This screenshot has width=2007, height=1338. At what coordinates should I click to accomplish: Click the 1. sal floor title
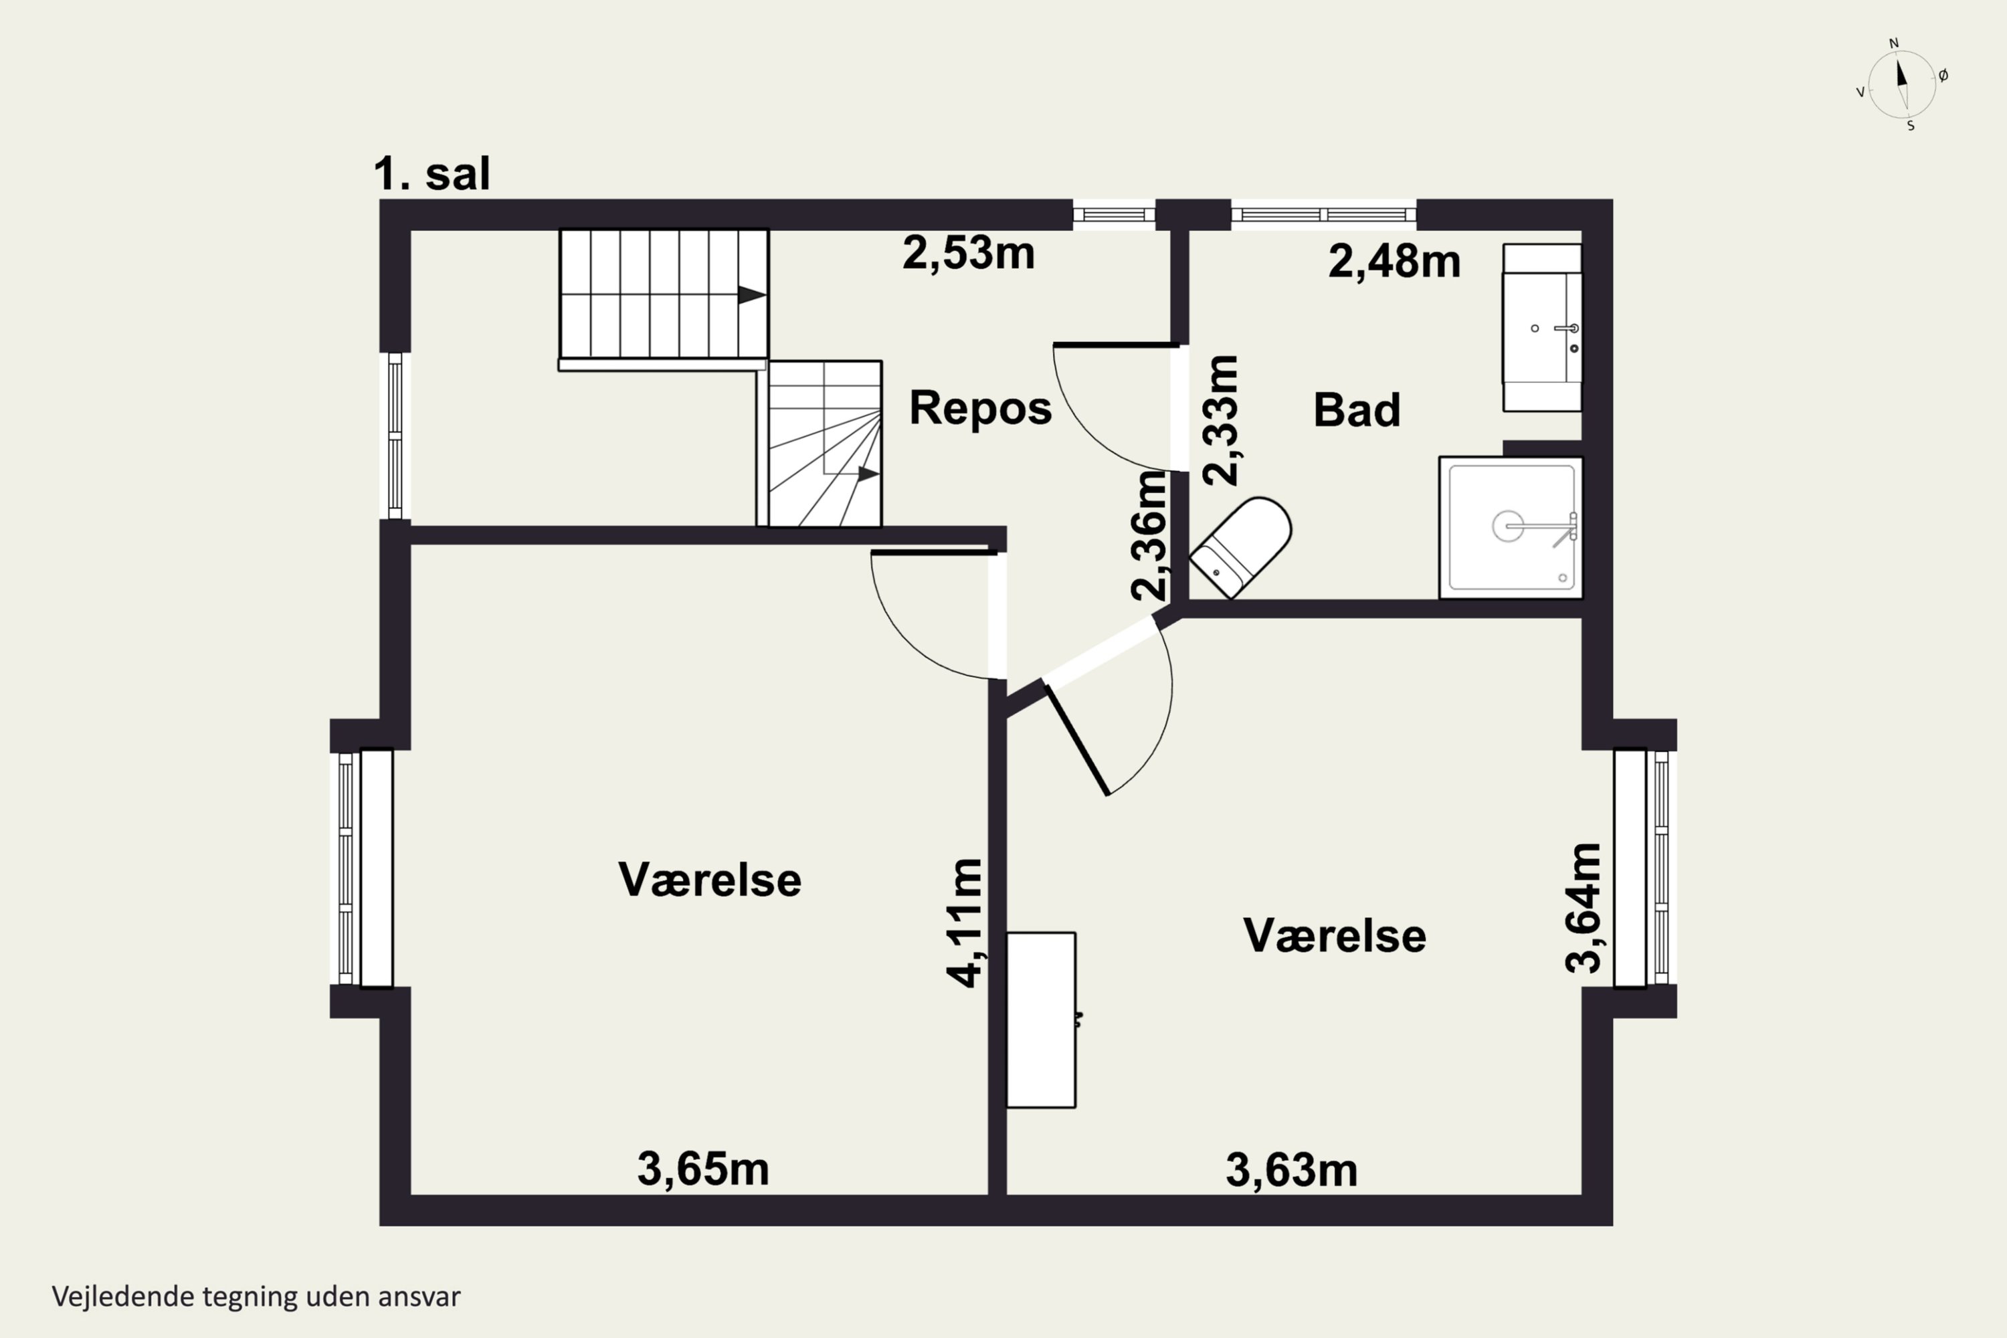432,173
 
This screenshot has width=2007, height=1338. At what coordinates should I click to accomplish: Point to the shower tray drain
1508,527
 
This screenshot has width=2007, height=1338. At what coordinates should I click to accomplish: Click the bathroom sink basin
1542,328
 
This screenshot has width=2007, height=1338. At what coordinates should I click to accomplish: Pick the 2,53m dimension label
969,253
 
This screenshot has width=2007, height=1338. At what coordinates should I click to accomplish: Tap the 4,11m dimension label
965,923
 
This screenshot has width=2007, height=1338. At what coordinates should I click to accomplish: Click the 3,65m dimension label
703,1169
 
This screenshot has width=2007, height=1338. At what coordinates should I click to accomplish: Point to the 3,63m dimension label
1291,1170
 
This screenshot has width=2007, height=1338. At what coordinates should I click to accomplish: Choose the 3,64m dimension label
1583,908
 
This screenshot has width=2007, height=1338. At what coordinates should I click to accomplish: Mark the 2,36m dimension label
1149,535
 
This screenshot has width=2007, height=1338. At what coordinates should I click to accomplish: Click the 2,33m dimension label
1220,421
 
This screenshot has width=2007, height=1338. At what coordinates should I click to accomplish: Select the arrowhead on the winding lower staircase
868,474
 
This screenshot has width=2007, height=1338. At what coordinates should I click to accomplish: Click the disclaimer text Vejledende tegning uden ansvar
256,1297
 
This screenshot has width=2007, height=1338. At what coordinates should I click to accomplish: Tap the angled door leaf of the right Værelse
1077,740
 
